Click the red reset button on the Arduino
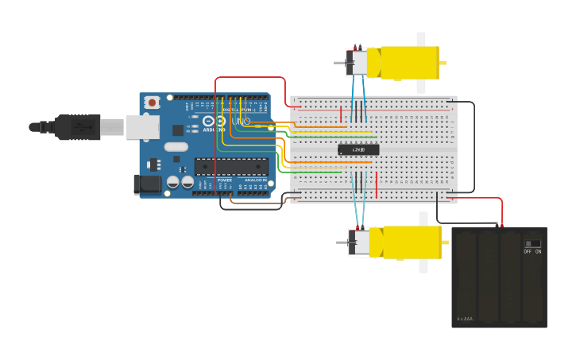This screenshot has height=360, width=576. point(151,102)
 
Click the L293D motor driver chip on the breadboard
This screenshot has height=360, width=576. point(358,149)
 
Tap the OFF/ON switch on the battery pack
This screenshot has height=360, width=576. point(532,244)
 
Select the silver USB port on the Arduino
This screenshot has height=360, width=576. point(142,126)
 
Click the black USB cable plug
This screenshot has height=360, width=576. point(77,126)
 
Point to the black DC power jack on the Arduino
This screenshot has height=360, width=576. point(147,184)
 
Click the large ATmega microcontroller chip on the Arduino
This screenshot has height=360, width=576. point(231,166)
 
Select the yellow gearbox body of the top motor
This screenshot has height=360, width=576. point(405,63)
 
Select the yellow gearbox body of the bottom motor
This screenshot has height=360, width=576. point(408,242)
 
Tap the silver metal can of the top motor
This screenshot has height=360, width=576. point(359,63)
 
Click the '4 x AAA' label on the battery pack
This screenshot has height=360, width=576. point(465,319)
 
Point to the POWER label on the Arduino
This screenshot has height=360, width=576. point(225,180)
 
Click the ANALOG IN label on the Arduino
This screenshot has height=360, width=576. point(256,180)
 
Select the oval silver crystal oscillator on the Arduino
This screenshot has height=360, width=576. point(176,147)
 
